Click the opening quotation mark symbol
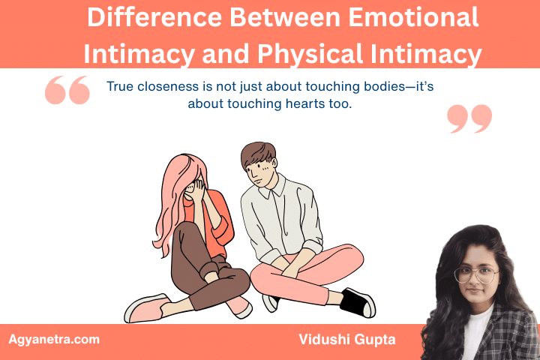point(67,91)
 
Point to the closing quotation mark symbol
point(469,118)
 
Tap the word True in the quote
point(121,86)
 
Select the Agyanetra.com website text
point(54,339)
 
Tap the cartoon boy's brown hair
point(259,153)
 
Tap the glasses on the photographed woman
point(476,275)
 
